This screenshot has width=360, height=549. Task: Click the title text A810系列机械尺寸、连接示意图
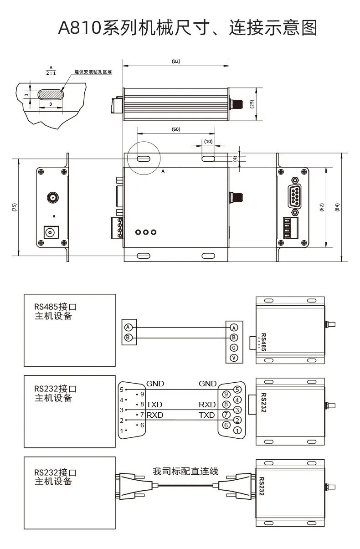[x=187, y=28]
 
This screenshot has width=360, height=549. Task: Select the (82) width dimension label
[x=175, y=61]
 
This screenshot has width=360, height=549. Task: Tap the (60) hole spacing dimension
[x=176, y=129]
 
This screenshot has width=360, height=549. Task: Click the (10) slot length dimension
[x=208, y=141]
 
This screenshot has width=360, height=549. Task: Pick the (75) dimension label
[x=14, y=207]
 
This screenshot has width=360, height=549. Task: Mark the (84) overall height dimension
[x=337, y=207]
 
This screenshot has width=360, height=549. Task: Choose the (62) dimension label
[x=321, y=207]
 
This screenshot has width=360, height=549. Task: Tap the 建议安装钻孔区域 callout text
[x=93, y=72]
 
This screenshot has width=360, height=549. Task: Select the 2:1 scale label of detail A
[x=51, y=72]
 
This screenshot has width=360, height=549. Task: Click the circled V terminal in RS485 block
[x=234, y=358]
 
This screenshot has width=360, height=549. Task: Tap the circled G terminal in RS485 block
[x=234, y=348]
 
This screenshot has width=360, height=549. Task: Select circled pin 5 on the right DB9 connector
[x=237, y=390]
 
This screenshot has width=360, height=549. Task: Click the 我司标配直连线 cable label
[x=185, y=471]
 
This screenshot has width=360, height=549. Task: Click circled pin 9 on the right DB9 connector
[x=225, y=394]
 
